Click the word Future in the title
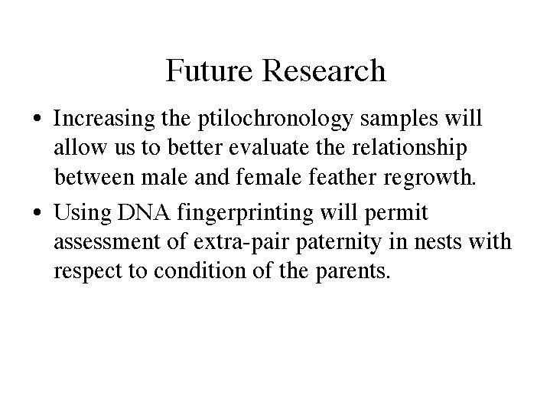209,70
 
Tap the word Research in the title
324,70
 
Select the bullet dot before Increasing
37,118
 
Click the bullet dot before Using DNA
37,212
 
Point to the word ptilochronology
275,119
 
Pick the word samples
399,119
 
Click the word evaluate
269,147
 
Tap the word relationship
409,148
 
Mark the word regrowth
430,178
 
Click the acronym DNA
144,212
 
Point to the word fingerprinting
246,213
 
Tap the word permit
396,213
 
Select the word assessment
107,242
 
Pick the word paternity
339,243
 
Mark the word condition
200,270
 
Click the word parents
353,273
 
